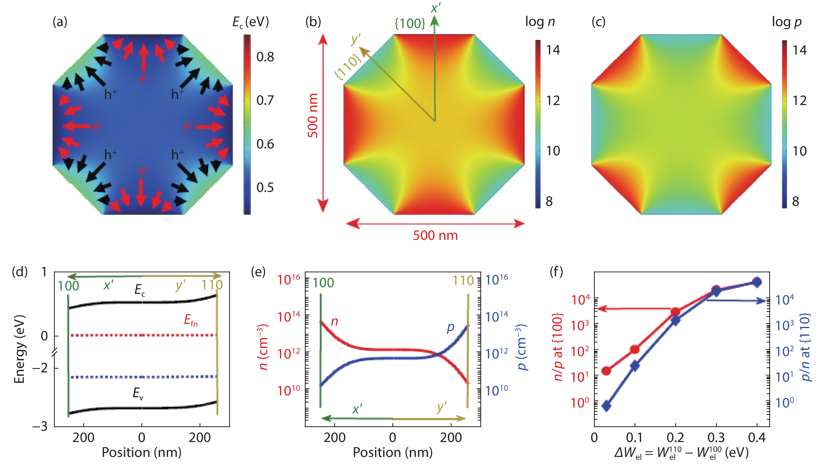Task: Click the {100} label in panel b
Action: click(410, 23)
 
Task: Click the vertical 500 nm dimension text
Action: click(313, 115)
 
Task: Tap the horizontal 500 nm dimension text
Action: click(435, 235)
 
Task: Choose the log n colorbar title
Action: click(540, 22)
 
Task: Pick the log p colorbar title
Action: click(786, 22)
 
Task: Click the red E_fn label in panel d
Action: click(191, 320)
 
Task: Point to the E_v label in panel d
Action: click(138, 393)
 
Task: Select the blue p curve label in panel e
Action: click(450, 327)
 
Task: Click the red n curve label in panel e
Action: click(334, 321)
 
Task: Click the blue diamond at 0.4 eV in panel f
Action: click(757, 282)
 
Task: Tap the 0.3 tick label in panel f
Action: click(716, 437)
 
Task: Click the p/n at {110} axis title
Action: click(805, 347)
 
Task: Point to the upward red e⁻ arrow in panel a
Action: click(144, 58)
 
